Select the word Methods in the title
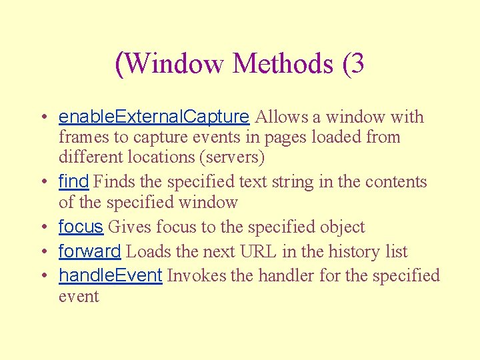[283, 63]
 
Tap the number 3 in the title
[357, 63]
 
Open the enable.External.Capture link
[154, 117]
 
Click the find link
[73, 181]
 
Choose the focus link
[81, 227]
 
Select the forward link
[89, 251]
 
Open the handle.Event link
[111, 275]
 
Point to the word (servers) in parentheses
[235, 157]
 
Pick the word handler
[286, 275]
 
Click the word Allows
[281, 117]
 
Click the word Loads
[146, 252]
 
